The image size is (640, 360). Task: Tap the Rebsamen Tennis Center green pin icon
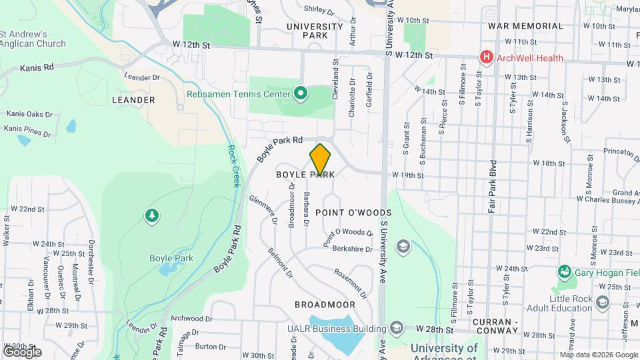tap(300, 93)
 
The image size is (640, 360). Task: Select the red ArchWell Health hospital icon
tap(487, 58)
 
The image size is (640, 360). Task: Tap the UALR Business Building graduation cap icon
tap(397, 328)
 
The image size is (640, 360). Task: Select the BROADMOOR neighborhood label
tap(325, 304)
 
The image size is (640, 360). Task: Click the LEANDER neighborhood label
tap(134, 100)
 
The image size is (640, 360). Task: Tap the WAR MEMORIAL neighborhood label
tap(525, 26)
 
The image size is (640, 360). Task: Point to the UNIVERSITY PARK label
tap(315, 31)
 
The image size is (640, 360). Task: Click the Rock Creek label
tap(233, 166)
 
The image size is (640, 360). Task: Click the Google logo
tap(22, 351)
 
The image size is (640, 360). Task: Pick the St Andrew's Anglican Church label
tap(33, 39)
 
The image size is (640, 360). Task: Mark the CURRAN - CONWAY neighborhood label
tap(495, 326)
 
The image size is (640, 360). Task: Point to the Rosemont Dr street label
tap(351, 283)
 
